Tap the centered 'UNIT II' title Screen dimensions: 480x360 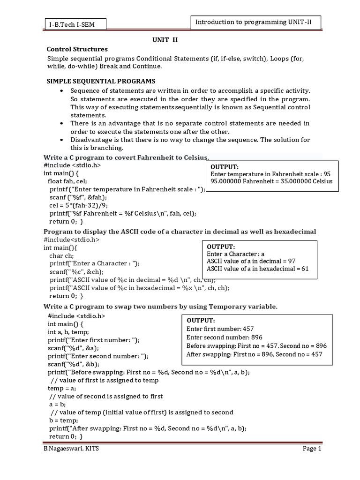pos(165,40)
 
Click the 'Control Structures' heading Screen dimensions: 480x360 pos(77,49)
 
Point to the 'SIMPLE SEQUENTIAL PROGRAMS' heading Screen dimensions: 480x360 pos(100,81)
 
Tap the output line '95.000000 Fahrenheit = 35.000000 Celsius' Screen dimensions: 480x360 pos(271,181)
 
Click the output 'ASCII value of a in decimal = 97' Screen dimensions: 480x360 pos(251,261)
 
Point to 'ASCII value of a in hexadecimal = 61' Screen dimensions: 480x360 pos(258,269)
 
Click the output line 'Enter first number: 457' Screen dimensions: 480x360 pos(220,329)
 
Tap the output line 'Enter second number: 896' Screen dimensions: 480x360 pos(224,337)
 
